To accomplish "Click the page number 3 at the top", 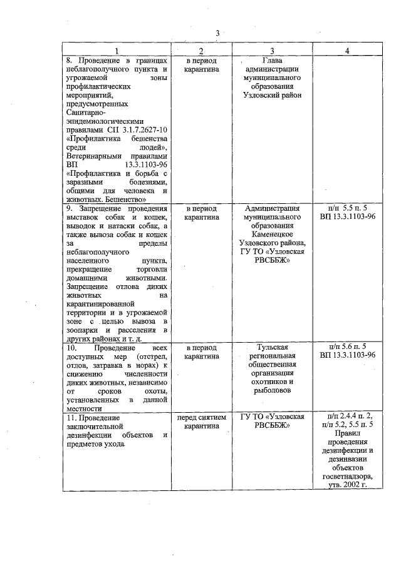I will click(217, 33).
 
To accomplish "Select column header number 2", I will click(201, 50).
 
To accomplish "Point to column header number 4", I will click(347, 50).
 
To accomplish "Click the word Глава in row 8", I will click(272, 61).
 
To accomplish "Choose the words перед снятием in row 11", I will click(201, 417).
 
